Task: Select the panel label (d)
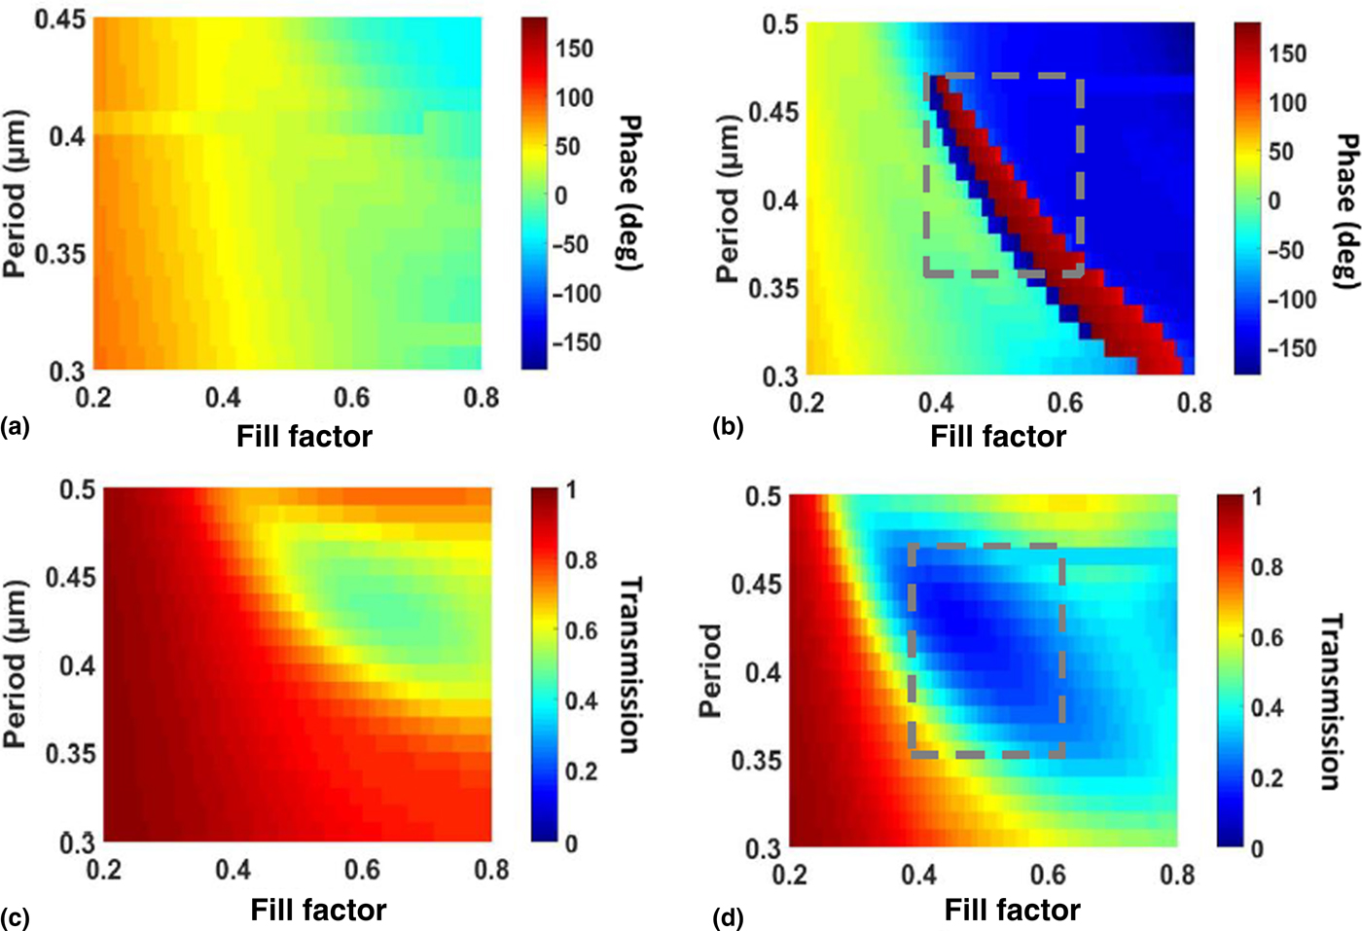tap(728, 917)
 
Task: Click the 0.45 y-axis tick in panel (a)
tap(60, 18)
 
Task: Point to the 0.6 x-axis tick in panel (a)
tap(352, 397)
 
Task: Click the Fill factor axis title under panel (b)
tap(998, 436)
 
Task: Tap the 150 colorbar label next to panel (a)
tap(574, 49)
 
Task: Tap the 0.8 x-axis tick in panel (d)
tap(1177, 875)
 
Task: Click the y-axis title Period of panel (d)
tap(711, 670)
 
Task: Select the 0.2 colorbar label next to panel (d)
tap(1267, 778)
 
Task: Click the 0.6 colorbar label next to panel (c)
tap(581, 630)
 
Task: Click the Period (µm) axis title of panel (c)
tap(15, 664)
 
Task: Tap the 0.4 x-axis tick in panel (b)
tap(936, 403)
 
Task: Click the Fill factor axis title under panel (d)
tap(1012, 911)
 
